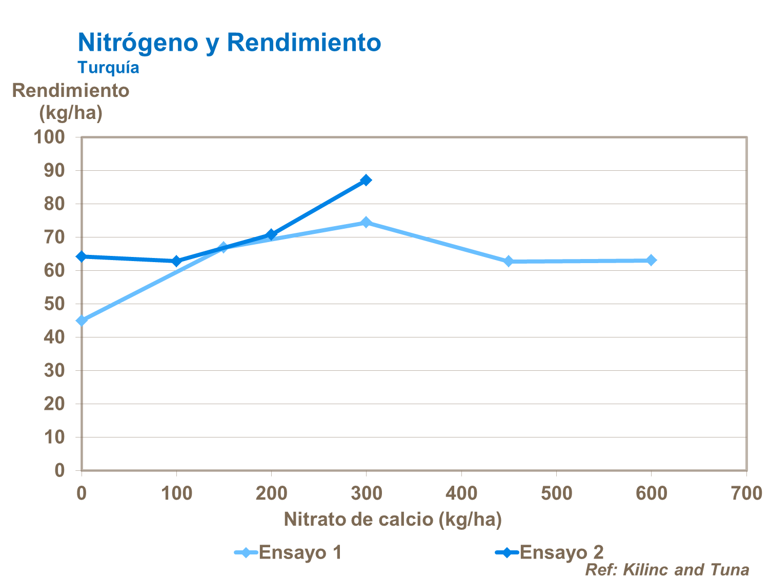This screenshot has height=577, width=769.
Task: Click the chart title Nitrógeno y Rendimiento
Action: [x=229, y=42]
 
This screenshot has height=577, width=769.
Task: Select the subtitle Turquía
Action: [x=108, y=67]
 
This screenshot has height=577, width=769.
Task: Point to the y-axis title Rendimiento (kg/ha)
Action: [x=71, y=101]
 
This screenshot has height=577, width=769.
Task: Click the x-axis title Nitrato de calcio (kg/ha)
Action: [x=393, y=519]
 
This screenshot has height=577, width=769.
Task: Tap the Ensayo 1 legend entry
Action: [x=289, y=552]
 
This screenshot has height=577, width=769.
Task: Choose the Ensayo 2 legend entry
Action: [x=550, y=552]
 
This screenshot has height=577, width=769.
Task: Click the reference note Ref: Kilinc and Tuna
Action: [x=667, y=569]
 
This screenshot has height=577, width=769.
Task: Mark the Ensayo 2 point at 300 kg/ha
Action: [x=366, y=180]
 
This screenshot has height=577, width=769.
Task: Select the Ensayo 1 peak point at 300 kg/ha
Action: [x=366, y=222]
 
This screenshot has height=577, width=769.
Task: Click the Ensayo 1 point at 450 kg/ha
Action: [x=509, y=261]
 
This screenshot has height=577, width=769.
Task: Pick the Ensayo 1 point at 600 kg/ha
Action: [x=651, y=260]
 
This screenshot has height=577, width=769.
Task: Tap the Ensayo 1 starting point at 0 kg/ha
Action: [x=82, y=321]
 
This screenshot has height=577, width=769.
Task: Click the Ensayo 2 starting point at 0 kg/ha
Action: [x=81, y=256]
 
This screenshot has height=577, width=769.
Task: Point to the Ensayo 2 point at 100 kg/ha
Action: [x=176, y=261]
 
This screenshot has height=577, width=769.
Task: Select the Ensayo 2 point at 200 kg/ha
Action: [x=271, y=234]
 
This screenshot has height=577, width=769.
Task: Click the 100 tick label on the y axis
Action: [x=49, y=137]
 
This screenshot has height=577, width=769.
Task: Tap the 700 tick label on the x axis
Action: [x=746, y=493]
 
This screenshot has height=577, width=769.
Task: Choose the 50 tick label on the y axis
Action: [x=54, y=304]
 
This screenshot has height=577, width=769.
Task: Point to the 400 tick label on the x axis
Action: [x=461, y=493]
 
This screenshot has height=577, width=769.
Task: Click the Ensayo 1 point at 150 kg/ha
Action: [x=224, y=248]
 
